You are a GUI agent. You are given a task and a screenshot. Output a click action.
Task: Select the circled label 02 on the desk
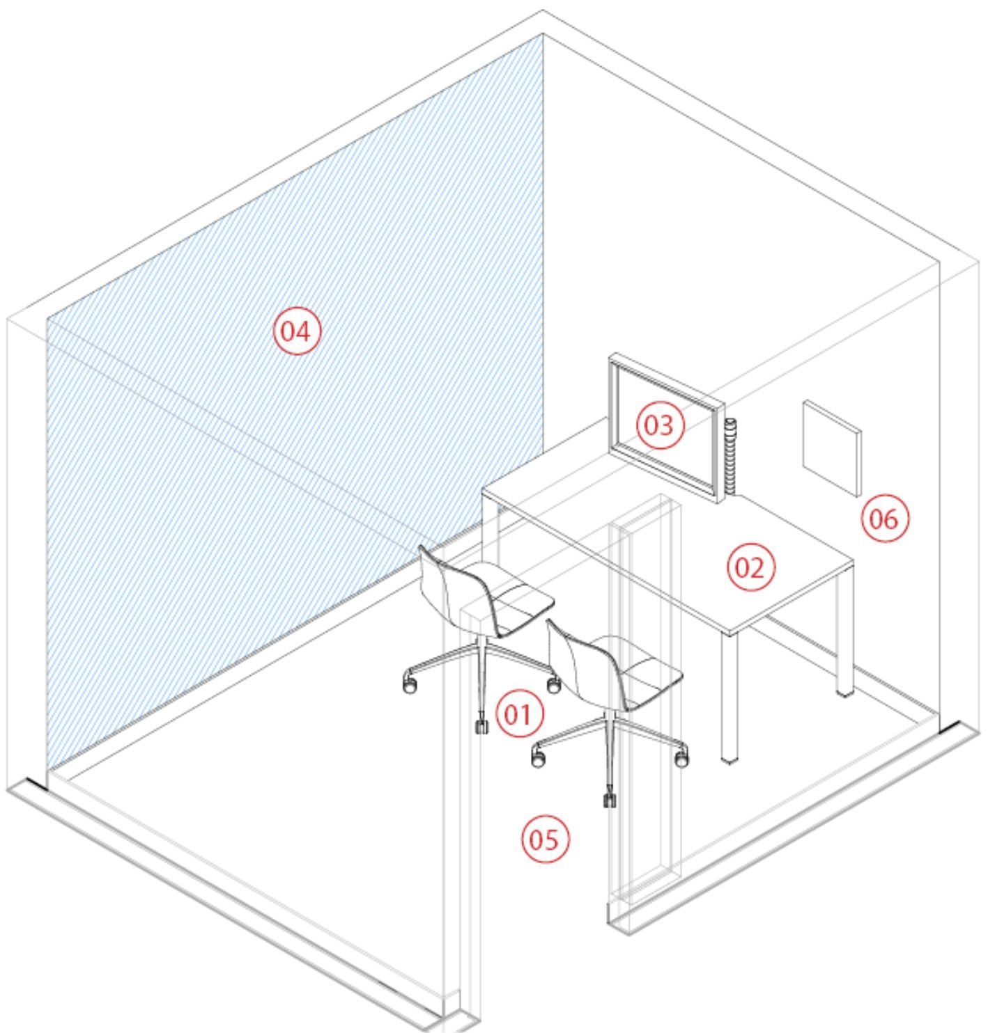click(751, 568)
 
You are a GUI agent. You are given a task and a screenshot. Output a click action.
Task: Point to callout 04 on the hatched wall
click(297, 331)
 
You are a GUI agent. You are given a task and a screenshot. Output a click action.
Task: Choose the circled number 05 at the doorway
click(545, 839)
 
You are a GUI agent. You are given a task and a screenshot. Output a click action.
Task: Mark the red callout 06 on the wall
click(885, 519)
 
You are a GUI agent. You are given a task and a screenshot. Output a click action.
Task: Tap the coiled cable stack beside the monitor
click(731, 456)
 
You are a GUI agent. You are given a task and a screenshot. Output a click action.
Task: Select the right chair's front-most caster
click(610, 800)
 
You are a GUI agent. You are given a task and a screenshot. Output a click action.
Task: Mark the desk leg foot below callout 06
click(844, 691)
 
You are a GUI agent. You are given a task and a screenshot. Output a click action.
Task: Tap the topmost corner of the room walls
click(543, 11)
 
